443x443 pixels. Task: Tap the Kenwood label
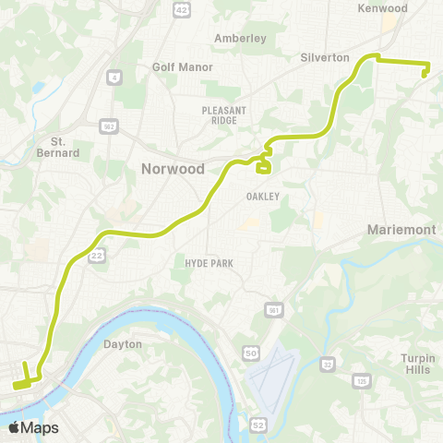(382, 8)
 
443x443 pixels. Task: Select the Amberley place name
(240, 39)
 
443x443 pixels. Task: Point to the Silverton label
(325, 57)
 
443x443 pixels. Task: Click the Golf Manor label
(183, 67)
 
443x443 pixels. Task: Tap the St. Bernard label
(65, 147)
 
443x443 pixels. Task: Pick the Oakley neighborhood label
(262, 197)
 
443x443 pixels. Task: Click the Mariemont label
(403, 229)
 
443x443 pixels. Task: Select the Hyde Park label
(208, 264)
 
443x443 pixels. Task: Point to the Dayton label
(123, 344)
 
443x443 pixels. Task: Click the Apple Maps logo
(33, 427)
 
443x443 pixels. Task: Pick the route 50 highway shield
(252, 353)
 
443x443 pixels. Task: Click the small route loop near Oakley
(263, 167)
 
